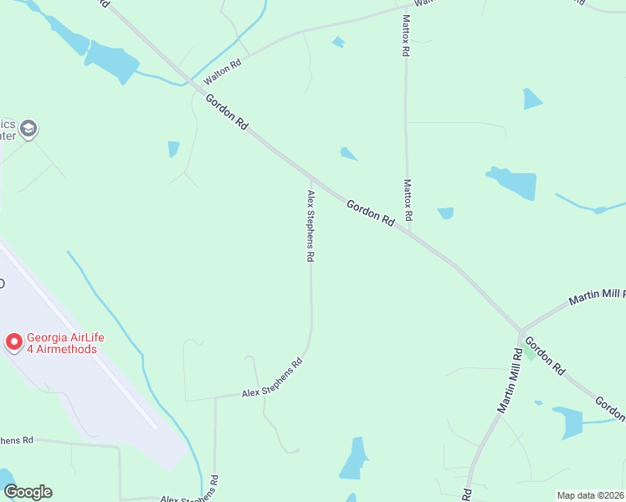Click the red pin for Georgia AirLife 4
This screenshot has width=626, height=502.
point(14,341)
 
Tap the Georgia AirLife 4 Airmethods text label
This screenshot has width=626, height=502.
point(65,343)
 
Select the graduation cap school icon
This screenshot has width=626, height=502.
point(28,129)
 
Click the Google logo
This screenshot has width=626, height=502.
point(28,492)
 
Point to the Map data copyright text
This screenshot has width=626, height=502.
point(590,495)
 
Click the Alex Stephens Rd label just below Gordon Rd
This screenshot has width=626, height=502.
point(310,227)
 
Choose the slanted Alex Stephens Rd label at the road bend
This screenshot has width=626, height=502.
point(271,379)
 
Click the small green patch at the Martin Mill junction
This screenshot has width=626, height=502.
point(529,353)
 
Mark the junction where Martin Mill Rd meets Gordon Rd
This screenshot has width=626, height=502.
point(521,331)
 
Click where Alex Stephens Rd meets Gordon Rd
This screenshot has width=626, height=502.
point(311,177)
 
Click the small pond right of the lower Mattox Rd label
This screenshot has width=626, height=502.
point(445,213)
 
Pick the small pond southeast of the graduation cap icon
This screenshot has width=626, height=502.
point(173,149)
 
